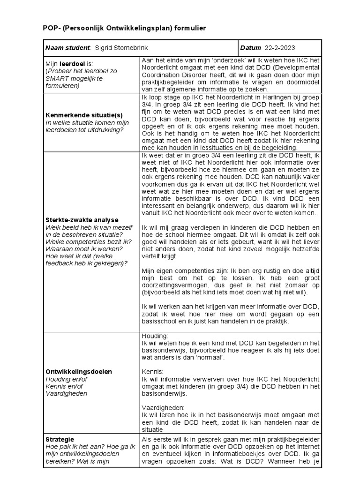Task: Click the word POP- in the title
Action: point(52,29)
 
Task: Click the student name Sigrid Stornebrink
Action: point(123,48)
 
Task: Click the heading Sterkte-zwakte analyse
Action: point(82,219)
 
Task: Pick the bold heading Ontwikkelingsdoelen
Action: point(78,371)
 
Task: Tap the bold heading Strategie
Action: point(59,439)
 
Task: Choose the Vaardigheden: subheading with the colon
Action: point(163,407)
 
